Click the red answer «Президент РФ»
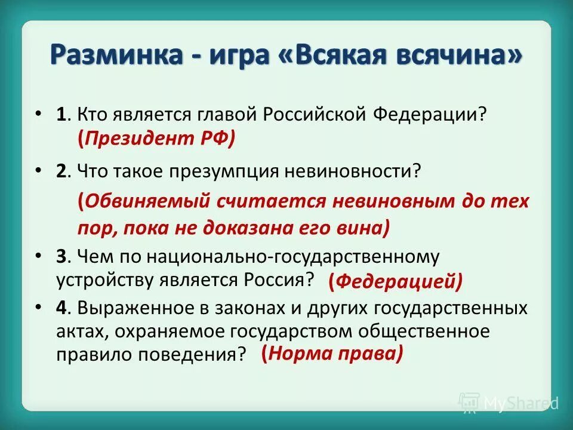(x=156, y=139)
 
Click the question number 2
(x=60, y=172)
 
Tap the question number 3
(x=60, y=257)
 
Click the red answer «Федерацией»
(x=395, y=282)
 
